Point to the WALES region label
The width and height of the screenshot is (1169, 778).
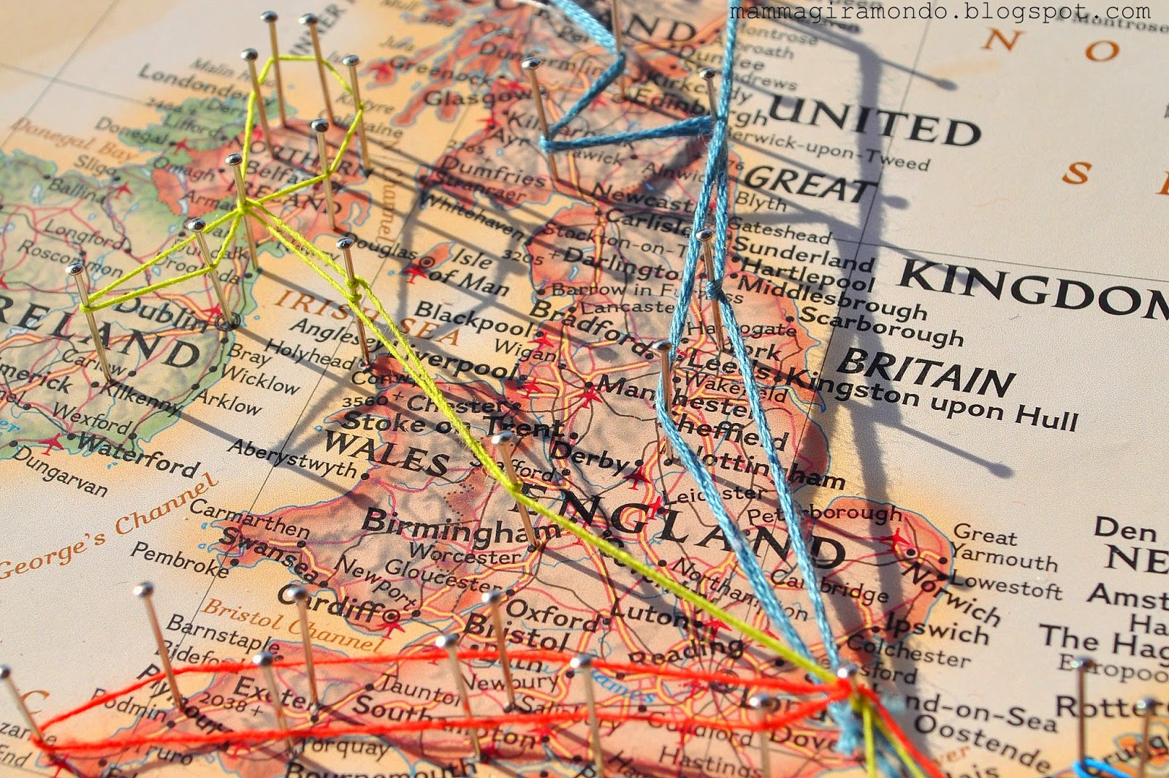coord(387,452)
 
